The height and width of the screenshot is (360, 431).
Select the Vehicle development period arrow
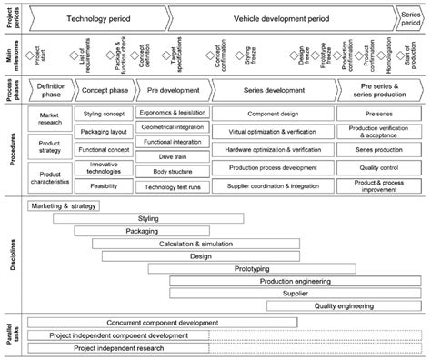(x=280, y=17)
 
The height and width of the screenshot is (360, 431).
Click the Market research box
(x=51, y=117)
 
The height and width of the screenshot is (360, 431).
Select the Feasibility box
(x=110, y=184)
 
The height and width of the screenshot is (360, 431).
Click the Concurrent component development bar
(x=162, y=323)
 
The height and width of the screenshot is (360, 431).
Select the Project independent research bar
(x=118, y=348)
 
